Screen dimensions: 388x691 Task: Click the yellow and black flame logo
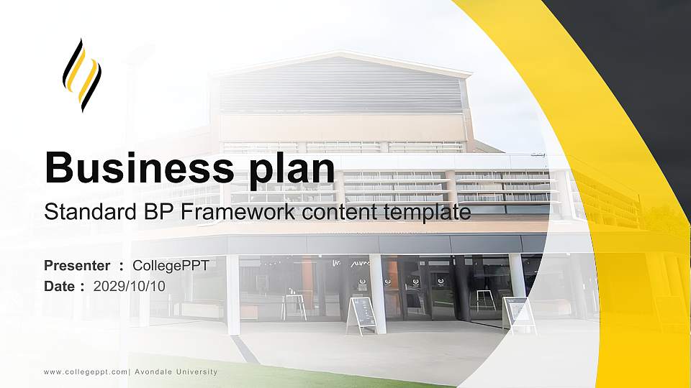click(x=81, y=75)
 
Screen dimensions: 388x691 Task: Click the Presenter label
click(x=77, y=266)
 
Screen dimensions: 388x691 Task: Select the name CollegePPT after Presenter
click(x=171, y=266)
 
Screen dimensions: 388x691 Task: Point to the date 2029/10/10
click(x=130, y=286)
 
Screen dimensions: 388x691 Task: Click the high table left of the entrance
click(x=294, y=304)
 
